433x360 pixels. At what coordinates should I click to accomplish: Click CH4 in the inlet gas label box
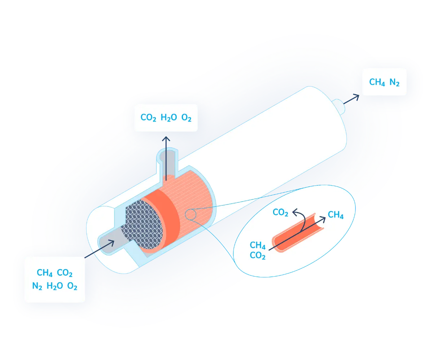tap(45, 273)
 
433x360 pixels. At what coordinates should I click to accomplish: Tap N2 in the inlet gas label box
tap(37, 286)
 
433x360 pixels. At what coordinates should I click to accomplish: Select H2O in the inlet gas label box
tap(55, 286)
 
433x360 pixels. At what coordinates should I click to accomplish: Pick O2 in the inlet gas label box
tap(72, 286)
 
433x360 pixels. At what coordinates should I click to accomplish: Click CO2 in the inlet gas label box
tap(65, 273)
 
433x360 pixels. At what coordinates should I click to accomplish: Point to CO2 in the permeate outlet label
tap(148, 118)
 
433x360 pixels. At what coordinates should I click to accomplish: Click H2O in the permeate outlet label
tap(169, 118)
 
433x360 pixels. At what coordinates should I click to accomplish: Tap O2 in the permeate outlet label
tap(187, 118)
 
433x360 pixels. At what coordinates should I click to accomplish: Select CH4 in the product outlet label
tap(377, 82)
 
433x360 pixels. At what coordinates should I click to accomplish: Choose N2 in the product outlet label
tap(394, 82)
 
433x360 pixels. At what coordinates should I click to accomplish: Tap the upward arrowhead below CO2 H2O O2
tap(166, 139)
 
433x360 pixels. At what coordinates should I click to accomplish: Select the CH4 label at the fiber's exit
tap(336, 215)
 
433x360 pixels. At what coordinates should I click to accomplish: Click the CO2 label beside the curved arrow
tap(280, 212)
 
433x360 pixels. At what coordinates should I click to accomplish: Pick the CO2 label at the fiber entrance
tap(258, 255)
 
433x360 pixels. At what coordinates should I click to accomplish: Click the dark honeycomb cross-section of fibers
tap(143, 224)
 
